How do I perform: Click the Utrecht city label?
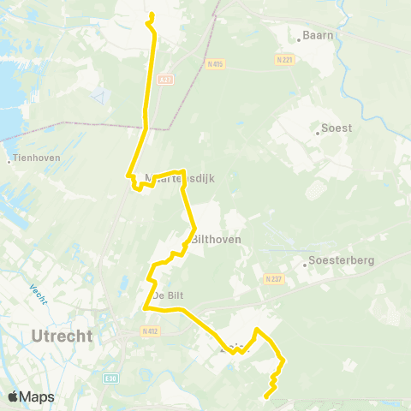(x=61, y=337)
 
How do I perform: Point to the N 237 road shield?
(x=274, y=279)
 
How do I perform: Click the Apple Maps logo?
(x=31, y=396)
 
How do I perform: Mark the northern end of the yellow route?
(x=151, y=15)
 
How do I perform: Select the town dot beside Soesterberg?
(x=306, y=264)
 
